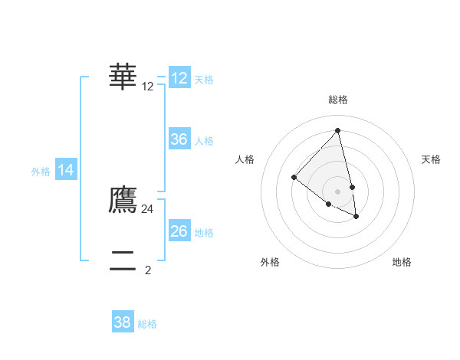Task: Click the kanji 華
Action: pos(123,76)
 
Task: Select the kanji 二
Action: pos(123,260)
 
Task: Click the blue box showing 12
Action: pos(179,78)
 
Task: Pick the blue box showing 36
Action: pos(179,139)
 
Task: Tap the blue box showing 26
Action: pos(179,231)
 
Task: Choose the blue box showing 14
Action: pos(67,171)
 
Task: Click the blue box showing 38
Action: pos(123,322)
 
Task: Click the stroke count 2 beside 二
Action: pos(148,270)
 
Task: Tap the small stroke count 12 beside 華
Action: pos(148,87)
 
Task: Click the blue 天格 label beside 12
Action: pos(204,80)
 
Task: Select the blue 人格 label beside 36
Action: pos(204,141)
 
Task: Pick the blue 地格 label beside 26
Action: pos(204,233)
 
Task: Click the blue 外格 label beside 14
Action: pos(41,172)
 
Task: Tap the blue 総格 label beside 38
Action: pos(147,324)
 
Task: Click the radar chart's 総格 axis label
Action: pos(337,100)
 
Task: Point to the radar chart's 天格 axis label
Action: pos(431,159)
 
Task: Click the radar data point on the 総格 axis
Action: pos(337,131)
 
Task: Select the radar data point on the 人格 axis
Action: pos(294,178)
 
